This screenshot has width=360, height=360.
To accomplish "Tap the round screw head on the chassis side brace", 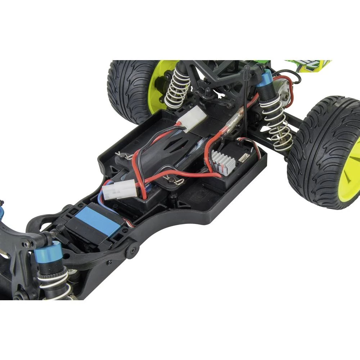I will coord(131,251).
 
